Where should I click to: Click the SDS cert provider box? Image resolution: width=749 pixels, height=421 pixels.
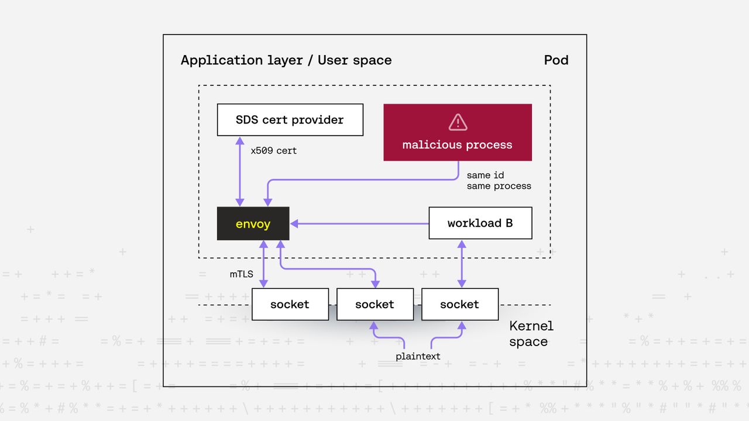[290, 120]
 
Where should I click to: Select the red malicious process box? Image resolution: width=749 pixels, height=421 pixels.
[457, 132]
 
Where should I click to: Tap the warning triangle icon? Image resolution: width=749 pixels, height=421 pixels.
[458, 122]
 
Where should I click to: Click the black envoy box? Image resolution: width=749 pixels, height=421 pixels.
[253, 223]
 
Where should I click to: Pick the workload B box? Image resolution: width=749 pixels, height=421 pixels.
[480, 223]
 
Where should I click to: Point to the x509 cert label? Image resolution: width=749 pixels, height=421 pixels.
[273, 151]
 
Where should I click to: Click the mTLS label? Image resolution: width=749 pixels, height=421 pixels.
[241, 273]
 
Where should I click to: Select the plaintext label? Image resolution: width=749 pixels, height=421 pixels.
[418, 356]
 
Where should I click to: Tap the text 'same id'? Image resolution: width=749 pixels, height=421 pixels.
[485, 175]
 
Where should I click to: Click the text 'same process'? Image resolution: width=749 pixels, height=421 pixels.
[499, 186]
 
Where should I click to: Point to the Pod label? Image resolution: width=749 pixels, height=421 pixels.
[556, 60]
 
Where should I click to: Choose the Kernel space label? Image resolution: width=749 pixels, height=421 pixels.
[531, 334]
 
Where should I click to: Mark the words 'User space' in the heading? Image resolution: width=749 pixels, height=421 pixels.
[355, 60]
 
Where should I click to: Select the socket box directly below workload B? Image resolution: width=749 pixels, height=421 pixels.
[459, 304]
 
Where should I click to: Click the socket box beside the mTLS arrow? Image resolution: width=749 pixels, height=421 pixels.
[290, 304]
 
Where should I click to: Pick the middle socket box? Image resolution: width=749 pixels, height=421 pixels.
[374, 304]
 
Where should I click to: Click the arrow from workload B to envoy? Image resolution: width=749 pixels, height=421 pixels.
[359, 223]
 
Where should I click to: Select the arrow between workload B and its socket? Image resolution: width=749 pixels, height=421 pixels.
[462, 263]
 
